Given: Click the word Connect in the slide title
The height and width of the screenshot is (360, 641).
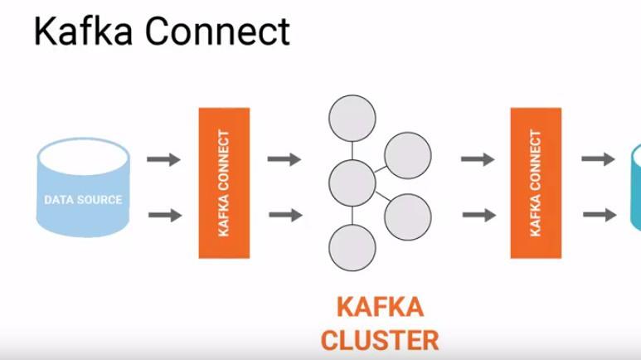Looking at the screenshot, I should point(217,32).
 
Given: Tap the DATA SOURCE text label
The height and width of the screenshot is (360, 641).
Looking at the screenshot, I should point(83,200).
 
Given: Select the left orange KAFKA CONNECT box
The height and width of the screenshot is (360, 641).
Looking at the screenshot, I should point(224,182).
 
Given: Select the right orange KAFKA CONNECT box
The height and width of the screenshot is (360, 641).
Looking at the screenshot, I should point(536,182).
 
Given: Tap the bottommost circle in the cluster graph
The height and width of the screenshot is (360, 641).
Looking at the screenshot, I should point(352,246).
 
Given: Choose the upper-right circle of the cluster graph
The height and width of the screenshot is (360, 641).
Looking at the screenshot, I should point(407,155).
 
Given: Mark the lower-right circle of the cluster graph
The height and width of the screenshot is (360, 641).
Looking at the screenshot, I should point(407,216).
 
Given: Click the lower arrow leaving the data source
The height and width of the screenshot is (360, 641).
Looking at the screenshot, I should point(164,216).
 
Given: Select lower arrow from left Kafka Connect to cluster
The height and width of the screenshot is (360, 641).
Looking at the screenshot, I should point(284,216).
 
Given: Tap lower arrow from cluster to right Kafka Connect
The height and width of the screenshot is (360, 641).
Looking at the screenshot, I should point(478,216).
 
